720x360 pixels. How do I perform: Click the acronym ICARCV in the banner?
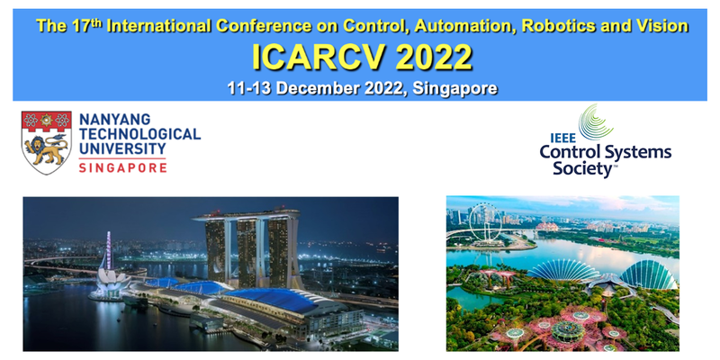(308, 58)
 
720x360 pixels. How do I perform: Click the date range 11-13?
(253, 88)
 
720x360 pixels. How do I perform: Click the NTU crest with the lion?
(46, 142)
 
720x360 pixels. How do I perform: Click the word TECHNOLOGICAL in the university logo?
(140, 134)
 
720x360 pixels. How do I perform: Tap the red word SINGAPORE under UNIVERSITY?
(122, 166)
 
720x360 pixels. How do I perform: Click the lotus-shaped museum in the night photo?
(108, 283)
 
